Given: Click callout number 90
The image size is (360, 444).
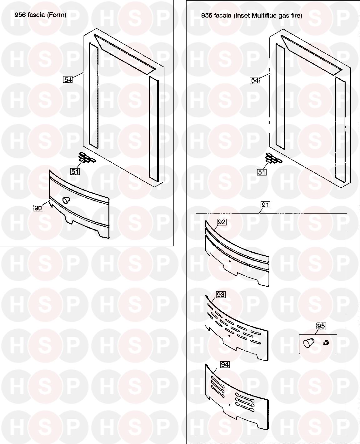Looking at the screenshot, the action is pyautogui.click(x=38, y=208).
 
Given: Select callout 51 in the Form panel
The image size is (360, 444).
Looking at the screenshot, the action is pyautogui.click(x=75, y=171).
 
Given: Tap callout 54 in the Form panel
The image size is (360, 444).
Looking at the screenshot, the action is pyautogui.click(x=68, y=80).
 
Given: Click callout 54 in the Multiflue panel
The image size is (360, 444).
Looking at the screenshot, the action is pyautogui.click(x=255, y=80).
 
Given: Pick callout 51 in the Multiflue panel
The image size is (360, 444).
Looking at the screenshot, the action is pyautogui.click(x=262, y=172).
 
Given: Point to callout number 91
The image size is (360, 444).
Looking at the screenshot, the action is pyautogui.click(x=265, y=205).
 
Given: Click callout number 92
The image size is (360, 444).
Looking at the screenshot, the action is pyautogui.click(x=222, y=222).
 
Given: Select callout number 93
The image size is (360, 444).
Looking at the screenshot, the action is pyautogui.click(x=221, y=295).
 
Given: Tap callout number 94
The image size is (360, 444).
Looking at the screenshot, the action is pyautogui.click(x=225, y=365).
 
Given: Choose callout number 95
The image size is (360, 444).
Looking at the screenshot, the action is pyautogui.click(x=321, y=326).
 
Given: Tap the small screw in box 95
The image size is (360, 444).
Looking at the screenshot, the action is pyautogui.click(x=326, y=343).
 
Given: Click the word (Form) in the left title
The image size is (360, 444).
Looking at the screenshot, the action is pyautogui.click(x=57, y=15).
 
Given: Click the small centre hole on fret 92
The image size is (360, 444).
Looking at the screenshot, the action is pyautogui.click(x=230, y=261).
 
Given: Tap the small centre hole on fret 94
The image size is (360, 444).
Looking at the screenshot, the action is pyautogui.click(x=230, y=405).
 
